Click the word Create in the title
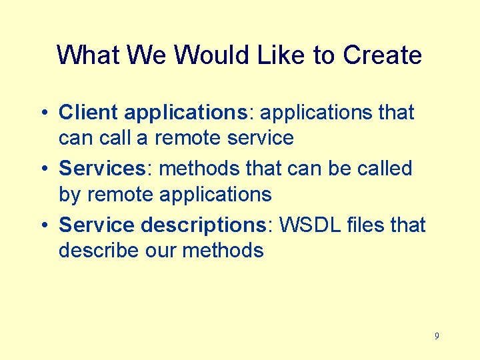coord(382,55)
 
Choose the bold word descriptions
coord(203,225)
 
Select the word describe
coord(98,251)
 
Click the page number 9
coord(437,337)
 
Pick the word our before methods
coord(159,251)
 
